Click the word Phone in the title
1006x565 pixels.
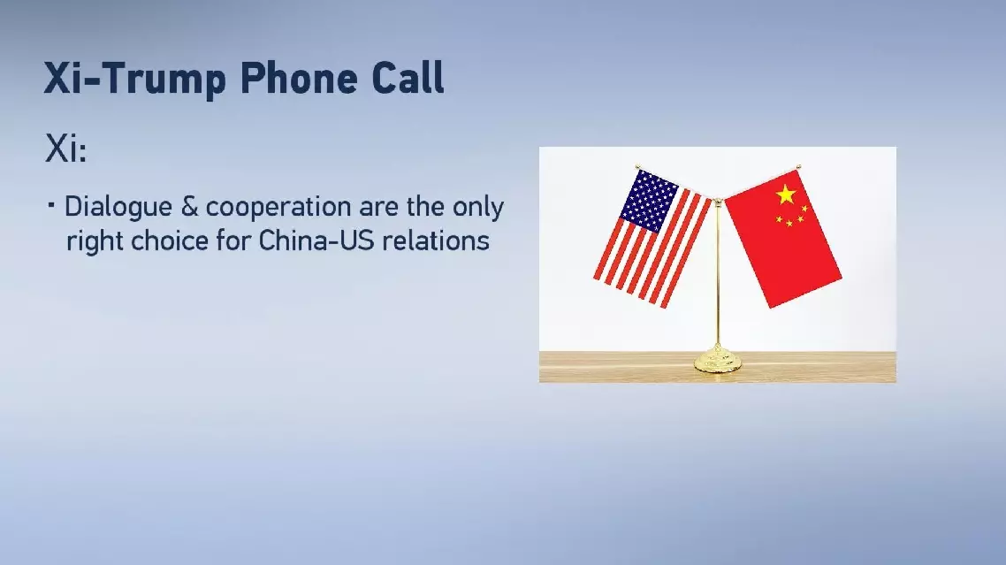[x=298, y=79]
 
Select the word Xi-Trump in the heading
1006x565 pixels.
[x=134, y=79]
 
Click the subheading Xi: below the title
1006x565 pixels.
[x=65, y=149]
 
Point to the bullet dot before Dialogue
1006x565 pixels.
[x=50, y=206]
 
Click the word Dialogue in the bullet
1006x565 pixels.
[x=118, y=208]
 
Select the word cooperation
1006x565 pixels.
[x=278, y=208]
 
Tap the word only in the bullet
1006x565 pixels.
[x=477, y=208]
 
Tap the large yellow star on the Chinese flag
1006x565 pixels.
[x=785, y=194]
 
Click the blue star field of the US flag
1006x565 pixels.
[x=647, y=201]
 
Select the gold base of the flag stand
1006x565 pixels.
[x=717, y=360]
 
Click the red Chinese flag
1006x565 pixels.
[x=782, y=238]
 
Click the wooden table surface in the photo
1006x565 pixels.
[x=717, y=367]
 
